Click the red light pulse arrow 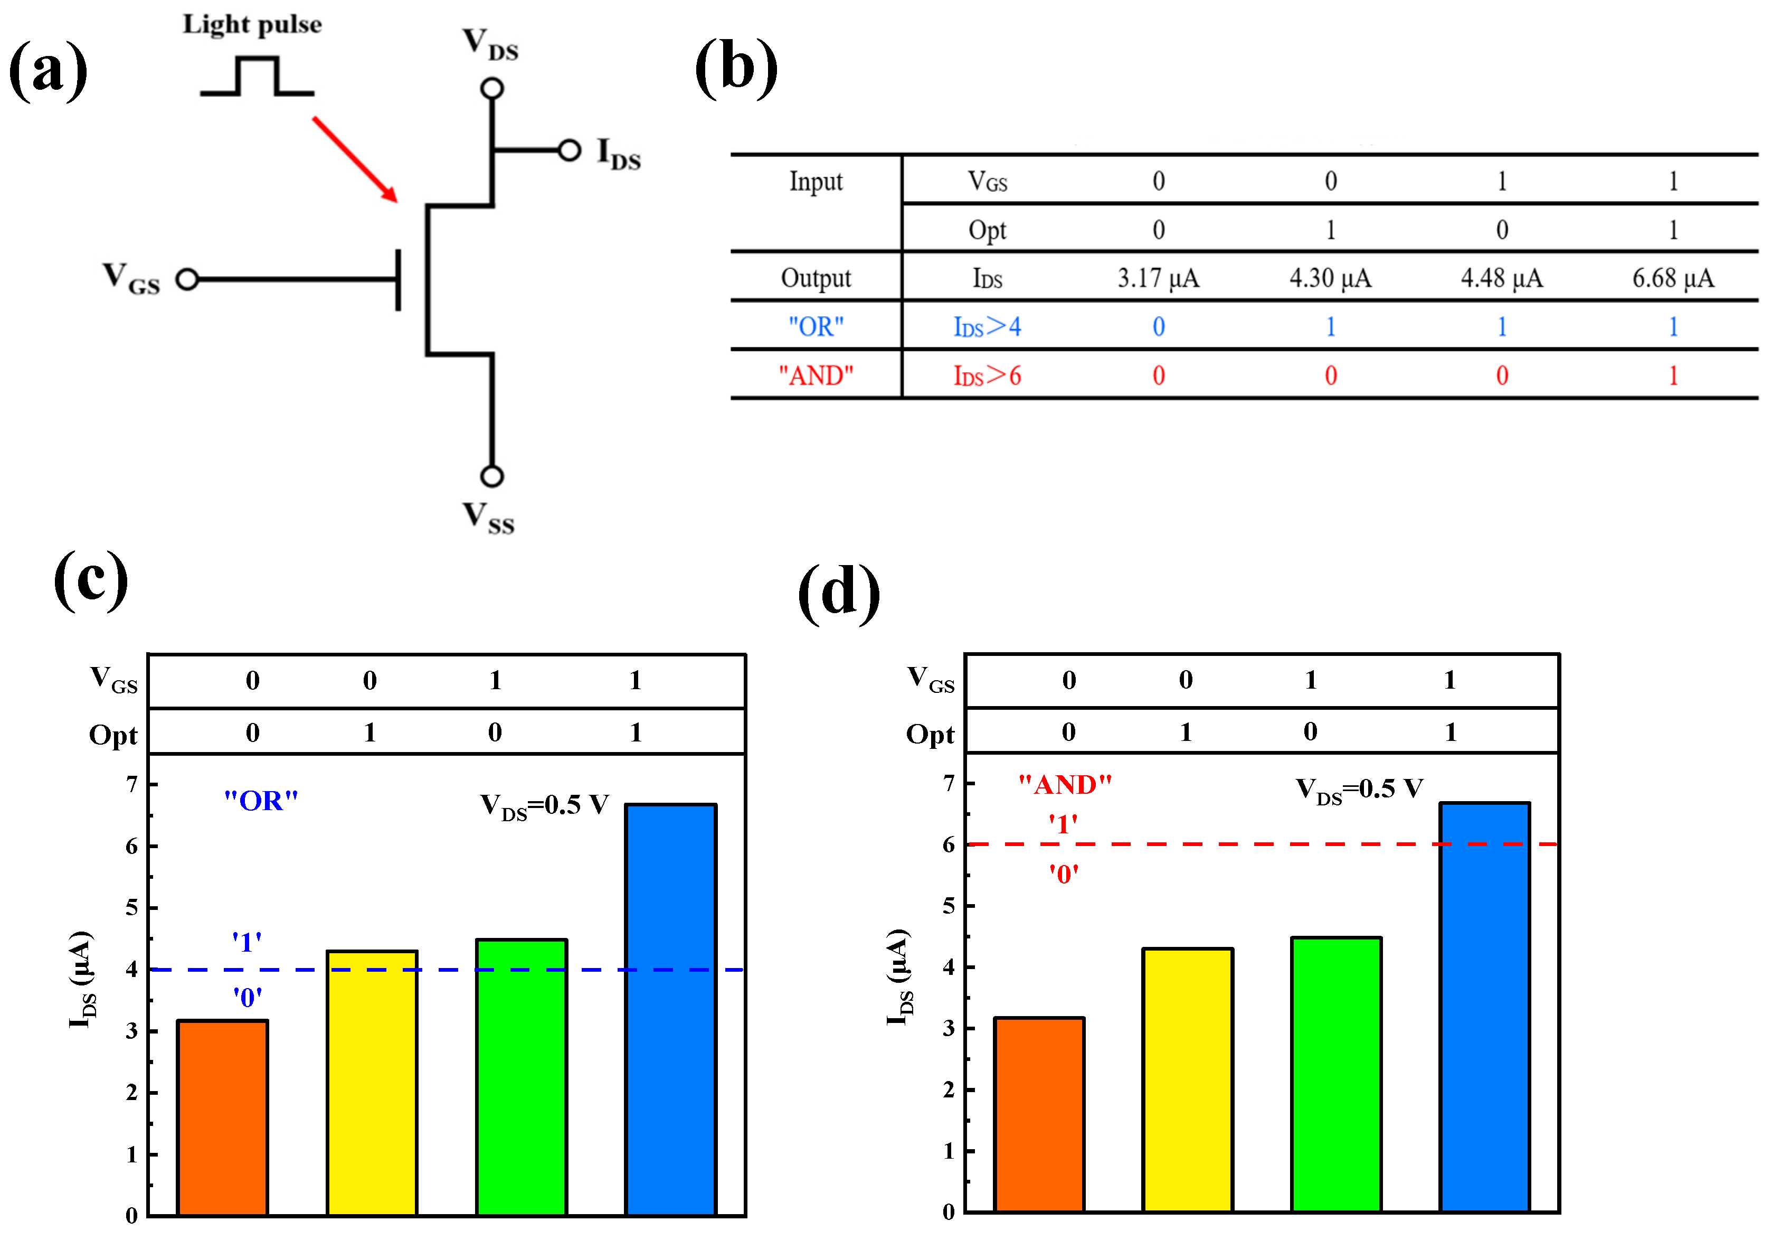point(355,159)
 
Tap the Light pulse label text point(252,25)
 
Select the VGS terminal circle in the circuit point(187,279)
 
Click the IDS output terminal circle point(570,150)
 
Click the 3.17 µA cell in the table point(1159,278)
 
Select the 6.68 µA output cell point(1672,278)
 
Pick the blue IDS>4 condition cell point(987,326)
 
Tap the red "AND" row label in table point(816,376)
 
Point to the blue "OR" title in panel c point(261,801)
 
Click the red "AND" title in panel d point(1065,784)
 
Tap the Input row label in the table point(816,182)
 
